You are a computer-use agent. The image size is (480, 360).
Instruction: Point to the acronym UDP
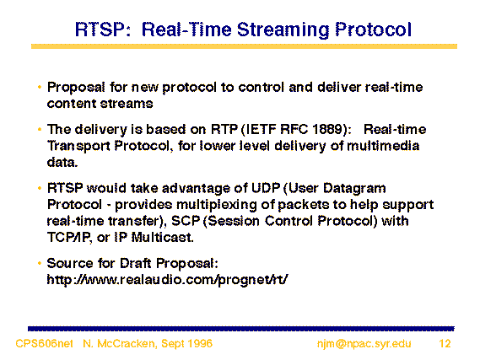pos(266,188)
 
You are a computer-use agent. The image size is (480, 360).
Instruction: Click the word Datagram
pos(354,189)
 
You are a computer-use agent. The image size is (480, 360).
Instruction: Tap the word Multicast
pos(162,237)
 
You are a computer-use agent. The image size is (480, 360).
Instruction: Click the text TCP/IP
pos(69,238)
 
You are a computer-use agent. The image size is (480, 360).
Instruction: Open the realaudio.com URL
pos(167,280)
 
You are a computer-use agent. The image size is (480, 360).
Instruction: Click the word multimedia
pos(383,146)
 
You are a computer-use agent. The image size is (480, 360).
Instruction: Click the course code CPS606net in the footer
pos(44,343)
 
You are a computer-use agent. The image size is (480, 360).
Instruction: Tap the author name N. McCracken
pos(120,344)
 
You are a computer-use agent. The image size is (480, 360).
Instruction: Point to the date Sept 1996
pos(186,344)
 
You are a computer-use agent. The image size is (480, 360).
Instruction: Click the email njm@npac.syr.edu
pos(364,344)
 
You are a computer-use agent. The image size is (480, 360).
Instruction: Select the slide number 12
pos(445,343)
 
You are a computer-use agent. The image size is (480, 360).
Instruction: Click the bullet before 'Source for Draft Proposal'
pos(40,263)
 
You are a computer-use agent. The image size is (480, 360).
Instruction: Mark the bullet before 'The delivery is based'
pos(40,129)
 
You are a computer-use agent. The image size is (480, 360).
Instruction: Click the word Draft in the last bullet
pos(135,263)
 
